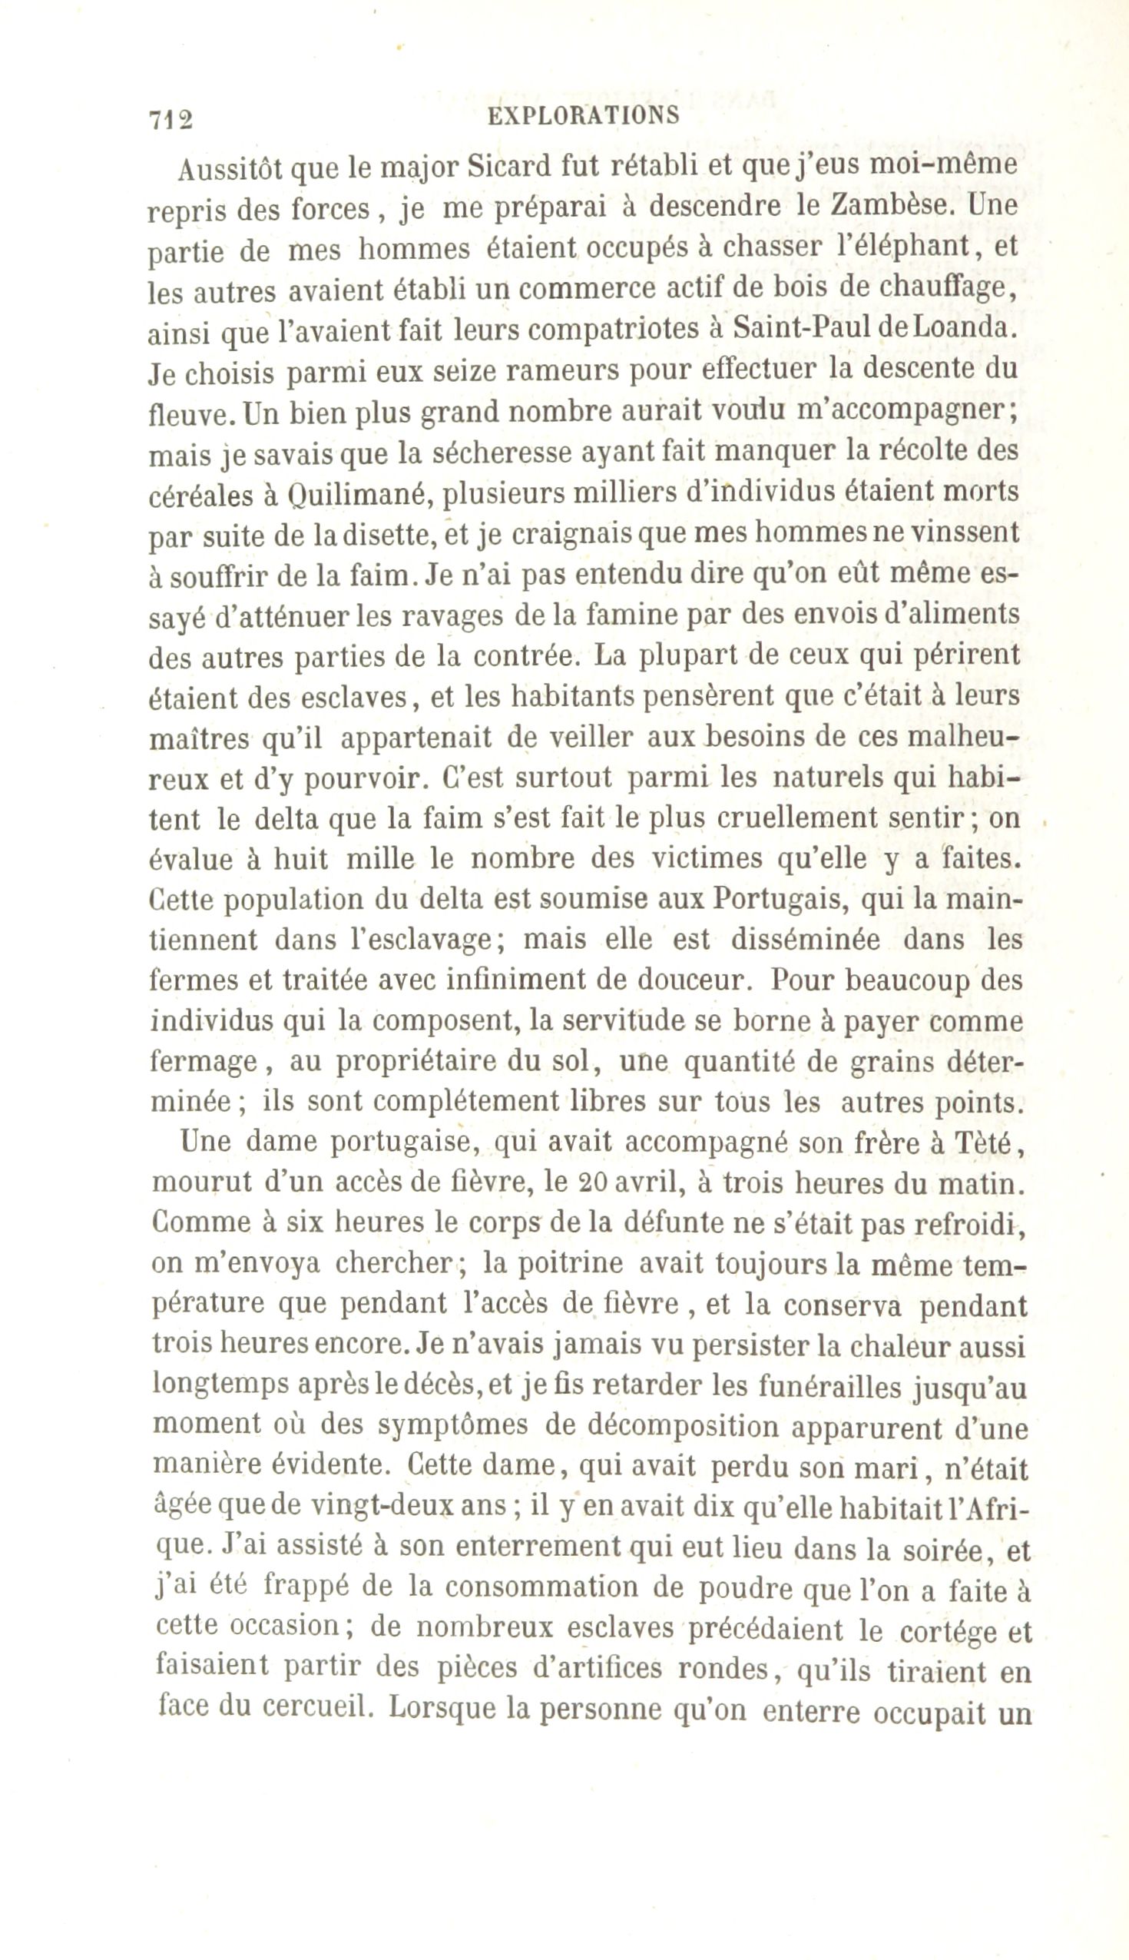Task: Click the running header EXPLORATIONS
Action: coord(583,116)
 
